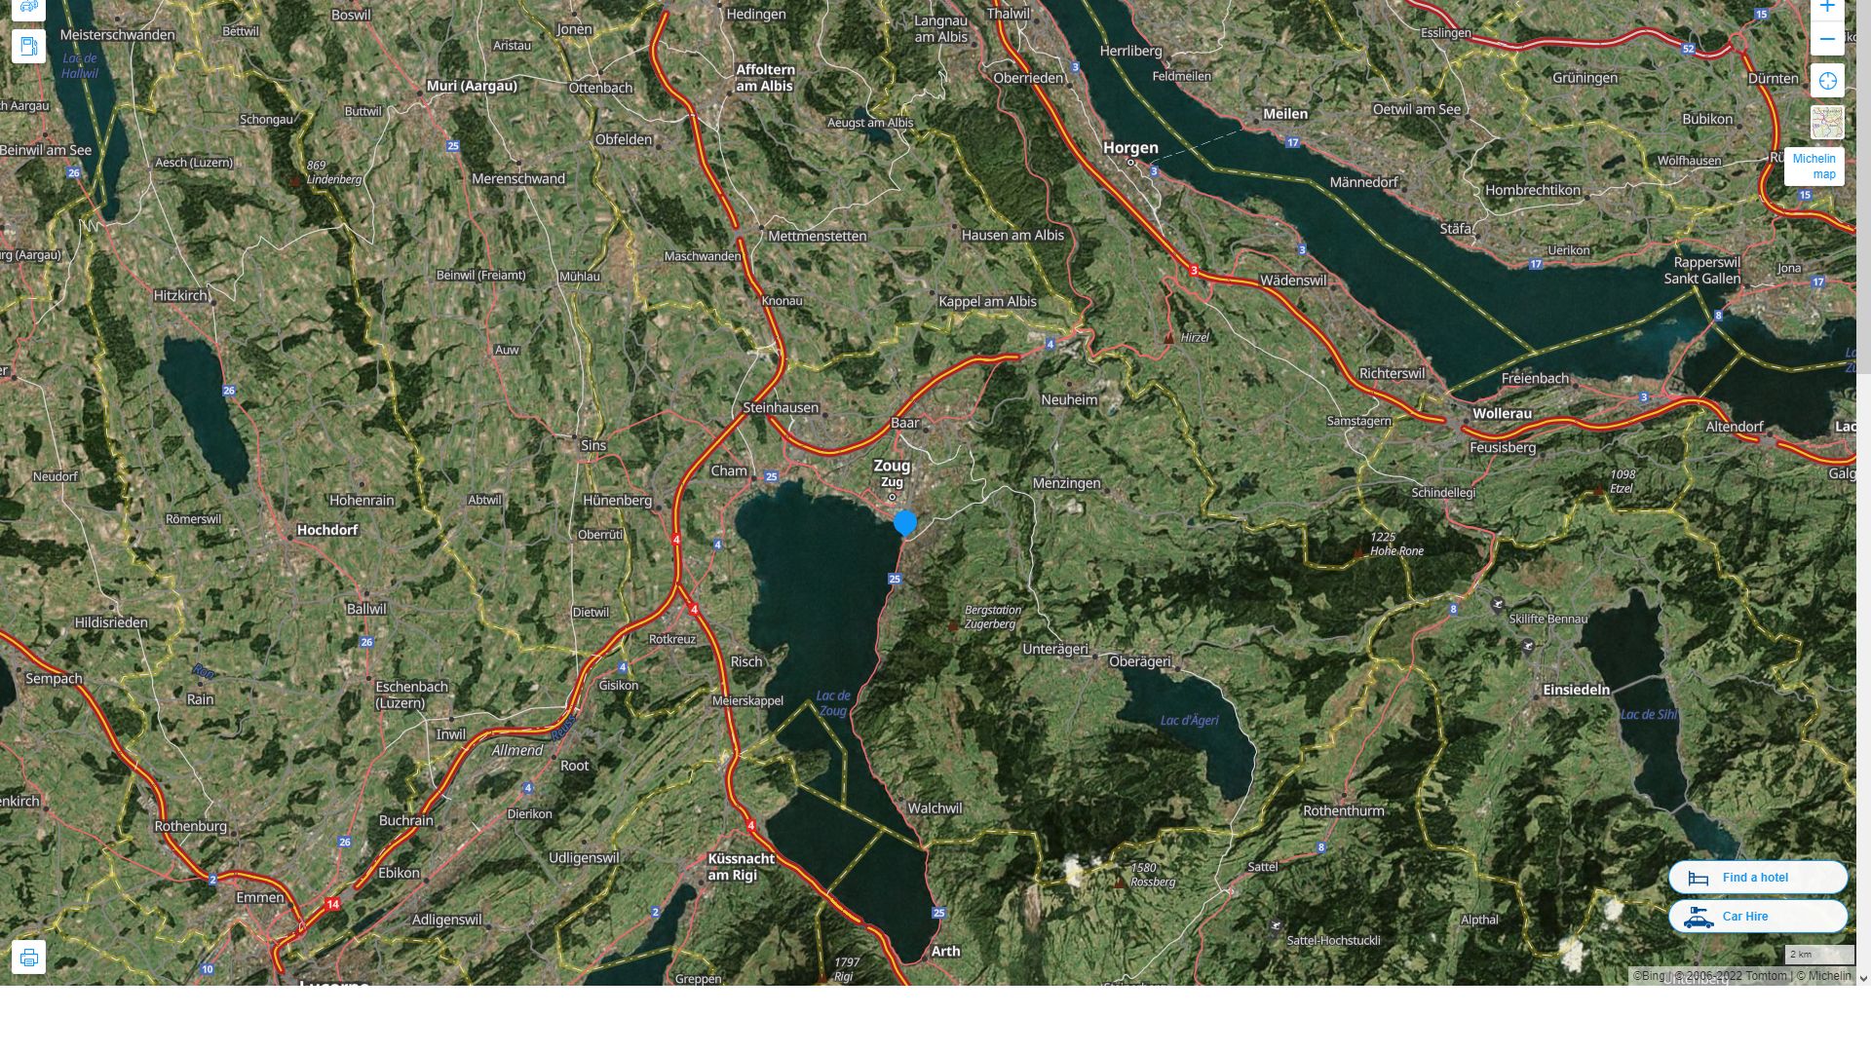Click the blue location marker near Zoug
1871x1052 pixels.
point(905,523)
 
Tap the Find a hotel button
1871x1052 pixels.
point(1757,878)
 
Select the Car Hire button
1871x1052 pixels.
point(1757,917)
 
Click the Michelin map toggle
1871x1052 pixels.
point(1814,166)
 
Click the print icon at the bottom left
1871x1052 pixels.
point(28,957)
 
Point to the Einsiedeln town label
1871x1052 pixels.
point(1576,690)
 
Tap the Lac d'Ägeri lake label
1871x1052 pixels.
point(1189,721)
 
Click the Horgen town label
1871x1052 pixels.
point(1130,148)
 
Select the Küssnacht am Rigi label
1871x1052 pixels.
point(742,866)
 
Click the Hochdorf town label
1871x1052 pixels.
point(326,530)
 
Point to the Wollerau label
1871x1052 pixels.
point(1502,413)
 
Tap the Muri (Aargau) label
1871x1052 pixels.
point(472,86)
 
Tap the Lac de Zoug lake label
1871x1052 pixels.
point(833,702)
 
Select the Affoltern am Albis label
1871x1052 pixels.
point(765,78)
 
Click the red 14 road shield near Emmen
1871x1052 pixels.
point(333,904)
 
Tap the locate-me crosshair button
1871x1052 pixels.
point(1827,81)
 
